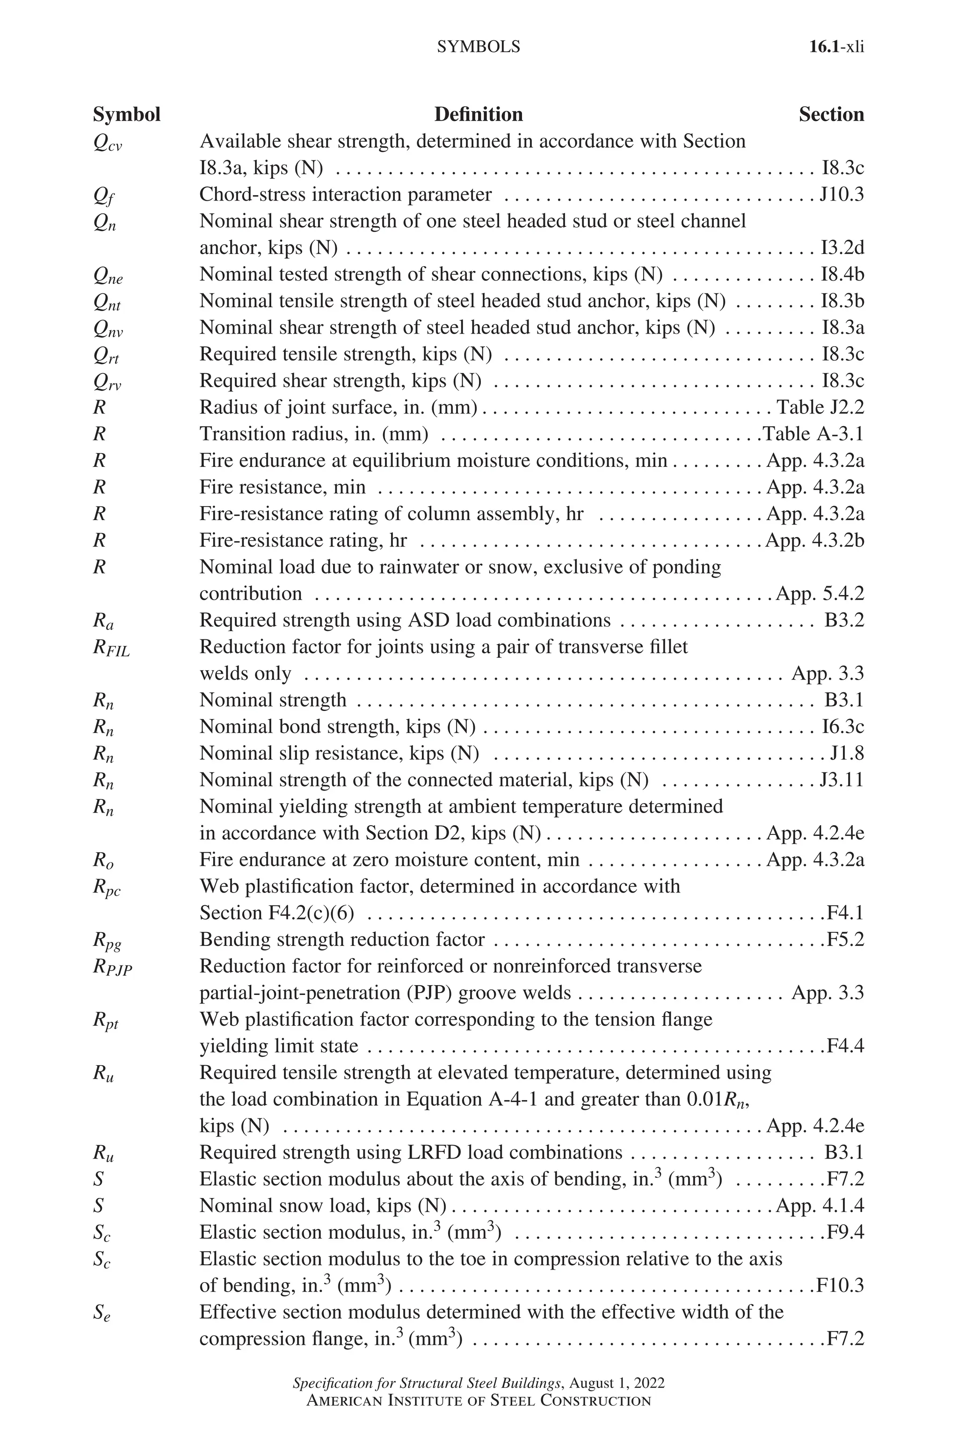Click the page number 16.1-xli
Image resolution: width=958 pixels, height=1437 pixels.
pos(836,47)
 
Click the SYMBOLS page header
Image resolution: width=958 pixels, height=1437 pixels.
pos(479,47)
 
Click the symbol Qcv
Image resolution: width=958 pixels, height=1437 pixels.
pos(107,143)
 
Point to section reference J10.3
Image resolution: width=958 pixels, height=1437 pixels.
pos(842,194)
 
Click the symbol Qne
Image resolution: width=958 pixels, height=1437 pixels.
pos(108,276)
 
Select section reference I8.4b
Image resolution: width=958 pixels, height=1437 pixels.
pos(842,274)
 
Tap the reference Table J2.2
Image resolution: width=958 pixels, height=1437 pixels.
pos(820,407)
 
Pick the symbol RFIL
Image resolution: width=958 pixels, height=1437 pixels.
pos(111,648)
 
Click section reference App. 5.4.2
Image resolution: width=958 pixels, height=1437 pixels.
pos(820,593)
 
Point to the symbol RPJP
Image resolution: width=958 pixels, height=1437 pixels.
pos(112,968)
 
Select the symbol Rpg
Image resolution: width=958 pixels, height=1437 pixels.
pos(107,941)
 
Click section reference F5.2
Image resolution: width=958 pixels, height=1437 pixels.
pos(845,939)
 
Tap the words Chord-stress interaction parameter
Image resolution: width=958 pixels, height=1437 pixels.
pos(345,194)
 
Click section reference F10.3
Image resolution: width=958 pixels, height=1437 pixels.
pos(840,1285)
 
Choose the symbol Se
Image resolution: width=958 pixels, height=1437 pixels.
pos(102,1314)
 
